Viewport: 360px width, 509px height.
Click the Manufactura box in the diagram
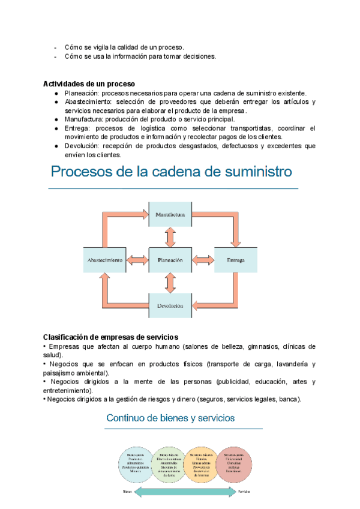(170, 214)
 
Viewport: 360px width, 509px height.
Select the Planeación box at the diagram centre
(170, 260)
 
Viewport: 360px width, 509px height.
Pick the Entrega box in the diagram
(236, 260)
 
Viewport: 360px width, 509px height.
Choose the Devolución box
(170, 306)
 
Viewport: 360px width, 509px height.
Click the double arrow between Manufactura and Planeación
(170, 237)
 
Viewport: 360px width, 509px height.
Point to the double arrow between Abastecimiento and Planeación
(137, 260)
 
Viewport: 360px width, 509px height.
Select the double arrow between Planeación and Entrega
(204, 260)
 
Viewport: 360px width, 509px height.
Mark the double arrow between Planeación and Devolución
(170, 283)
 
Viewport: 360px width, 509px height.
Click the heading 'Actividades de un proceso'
(89, 83)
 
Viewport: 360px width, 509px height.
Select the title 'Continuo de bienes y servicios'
(170, 418)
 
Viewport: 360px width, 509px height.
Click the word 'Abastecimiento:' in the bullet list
(90, 101)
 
